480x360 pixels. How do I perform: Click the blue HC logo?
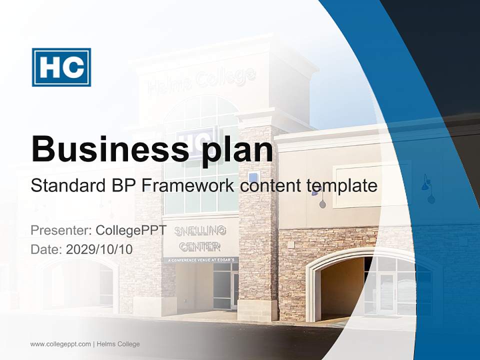pyautogui.click(x=61, y=67)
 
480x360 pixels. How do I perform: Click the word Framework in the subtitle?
pyautogui.click(x=187, y=186)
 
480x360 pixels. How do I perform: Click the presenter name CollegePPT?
pyautogui.click(x=131, y=230)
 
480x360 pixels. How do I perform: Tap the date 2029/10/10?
pyautogui.click(x=99, y=249)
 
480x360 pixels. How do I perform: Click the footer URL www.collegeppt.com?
pyautogui.click(x=60, y=344)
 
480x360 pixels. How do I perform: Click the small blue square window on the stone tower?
pyautogui.click(x=253, y=177)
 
